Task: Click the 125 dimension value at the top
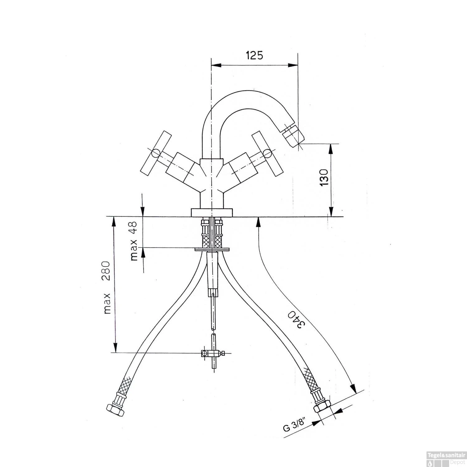(254, 55)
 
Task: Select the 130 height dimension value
(324, 177)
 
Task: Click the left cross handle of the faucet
(156, 153)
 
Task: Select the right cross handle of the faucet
(267, 153)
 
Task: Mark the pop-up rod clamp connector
(212, 353)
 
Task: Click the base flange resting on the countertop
(212, 212)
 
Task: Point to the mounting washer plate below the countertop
(212, 249)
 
